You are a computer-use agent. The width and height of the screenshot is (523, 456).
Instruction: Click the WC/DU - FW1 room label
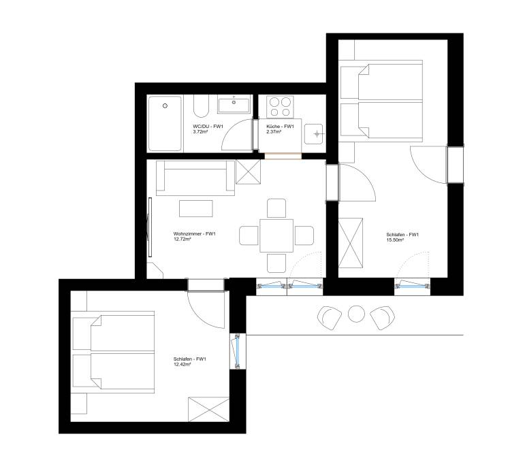pos(208,127)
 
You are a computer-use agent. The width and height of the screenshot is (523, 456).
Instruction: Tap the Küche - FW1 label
pos(280,127)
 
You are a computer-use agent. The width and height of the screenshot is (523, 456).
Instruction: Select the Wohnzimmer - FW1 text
pos(195,233)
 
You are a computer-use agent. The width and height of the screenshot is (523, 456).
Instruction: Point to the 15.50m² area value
pos(395,240)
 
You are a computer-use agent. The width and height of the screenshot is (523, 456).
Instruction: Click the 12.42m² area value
pos(182,364)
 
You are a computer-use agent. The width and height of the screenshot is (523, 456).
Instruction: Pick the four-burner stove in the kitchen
pos(280,107)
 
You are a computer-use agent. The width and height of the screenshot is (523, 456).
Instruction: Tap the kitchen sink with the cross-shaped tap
pos(314,134)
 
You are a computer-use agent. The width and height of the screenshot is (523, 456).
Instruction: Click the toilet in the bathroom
pos(201,106)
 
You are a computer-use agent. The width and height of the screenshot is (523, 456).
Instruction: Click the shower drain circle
pos(165,105)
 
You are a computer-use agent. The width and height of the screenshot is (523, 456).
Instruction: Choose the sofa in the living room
pos(195,178)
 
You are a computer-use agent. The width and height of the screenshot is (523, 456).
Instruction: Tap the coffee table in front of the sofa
pos(196,208)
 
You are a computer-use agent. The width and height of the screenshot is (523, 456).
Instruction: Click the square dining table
pos(276,235)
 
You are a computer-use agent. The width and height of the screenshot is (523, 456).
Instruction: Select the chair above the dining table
pos(276,208)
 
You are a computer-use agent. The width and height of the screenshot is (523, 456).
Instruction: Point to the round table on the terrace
pos(356,314)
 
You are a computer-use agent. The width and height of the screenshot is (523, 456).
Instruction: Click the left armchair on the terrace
pos(330,317)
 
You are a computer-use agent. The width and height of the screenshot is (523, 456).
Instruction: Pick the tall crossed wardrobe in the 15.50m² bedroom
pos(351,243)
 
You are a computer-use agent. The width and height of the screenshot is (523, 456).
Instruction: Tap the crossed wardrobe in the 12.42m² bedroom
pos(208,409)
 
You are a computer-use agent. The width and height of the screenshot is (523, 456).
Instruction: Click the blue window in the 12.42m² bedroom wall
pos(238,351)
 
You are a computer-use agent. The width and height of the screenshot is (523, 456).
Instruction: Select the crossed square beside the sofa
pos(248,172)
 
